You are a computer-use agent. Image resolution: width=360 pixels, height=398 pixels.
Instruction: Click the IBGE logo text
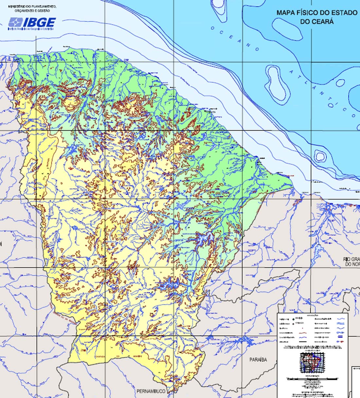click(39, 22)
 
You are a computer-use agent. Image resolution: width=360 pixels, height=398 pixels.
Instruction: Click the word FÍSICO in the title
click(306, 13)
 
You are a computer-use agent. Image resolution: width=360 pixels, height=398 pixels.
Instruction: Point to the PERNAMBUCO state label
click(151, 391)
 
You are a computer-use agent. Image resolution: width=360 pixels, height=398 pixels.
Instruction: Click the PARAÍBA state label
click(258, 360)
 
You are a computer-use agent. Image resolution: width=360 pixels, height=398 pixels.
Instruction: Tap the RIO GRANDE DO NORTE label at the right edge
click(351, 262)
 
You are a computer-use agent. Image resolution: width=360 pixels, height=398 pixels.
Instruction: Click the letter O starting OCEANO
click(212, 28)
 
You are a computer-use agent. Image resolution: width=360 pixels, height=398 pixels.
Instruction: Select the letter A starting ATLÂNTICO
click(291, 71)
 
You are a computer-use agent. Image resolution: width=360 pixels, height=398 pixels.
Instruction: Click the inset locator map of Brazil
click(312, 363)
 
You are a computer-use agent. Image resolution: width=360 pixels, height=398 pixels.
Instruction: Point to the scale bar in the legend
click(312, 379)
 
